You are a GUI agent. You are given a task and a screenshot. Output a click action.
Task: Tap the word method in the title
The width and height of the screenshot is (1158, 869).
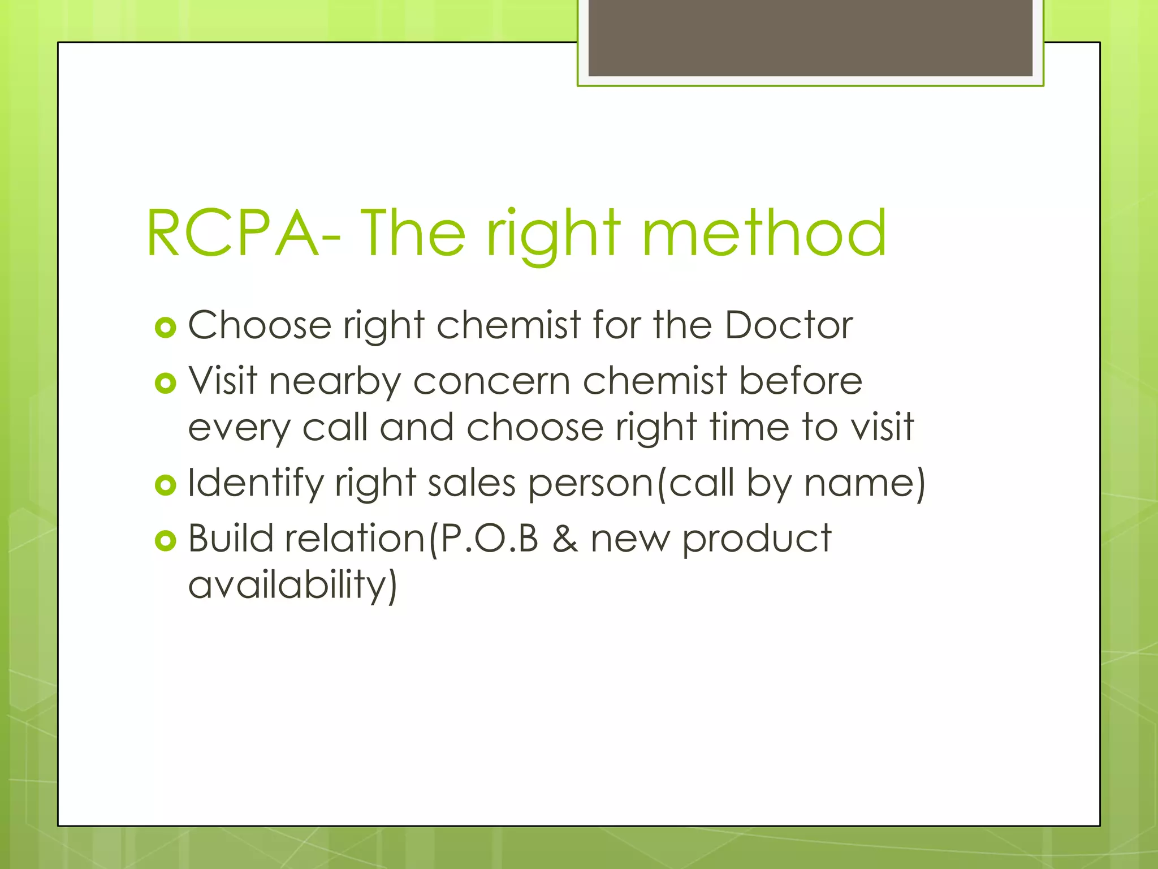pyautogui.click(x=764, y=233)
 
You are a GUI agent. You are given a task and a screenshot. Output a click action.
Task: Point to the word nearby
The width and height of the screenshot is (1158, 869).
pyautogui.click(x=334, y=381)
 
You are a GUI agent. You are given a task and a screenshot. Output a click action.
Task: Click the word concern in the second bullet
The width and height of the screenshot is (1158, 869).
pyautogui.click(x=491, y=381)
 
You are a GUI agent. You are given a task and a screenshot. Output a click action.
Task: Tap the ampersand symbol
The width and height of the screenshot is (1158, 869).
pyautogui.click(x=565, y=538)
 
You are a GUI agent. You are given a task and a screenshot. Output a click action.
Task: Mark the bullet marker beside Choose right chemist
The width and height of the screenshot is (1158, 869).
pyautogui.click(x=165, y=328)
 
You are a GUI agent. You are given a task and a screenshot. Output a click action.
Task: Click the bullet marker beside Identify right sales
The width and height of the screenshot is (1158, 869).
pyautogui.click(x=165, y=485)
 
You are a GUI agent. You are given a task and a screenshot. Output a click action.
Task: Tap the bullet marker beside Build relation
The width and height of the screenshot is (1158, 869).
pyautogui.click(x=165, y=540)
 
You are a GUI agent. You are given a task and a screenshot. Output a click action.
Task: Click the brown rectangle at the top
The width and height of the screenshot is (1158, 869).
pyautogui.click(x=810, y=37)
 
